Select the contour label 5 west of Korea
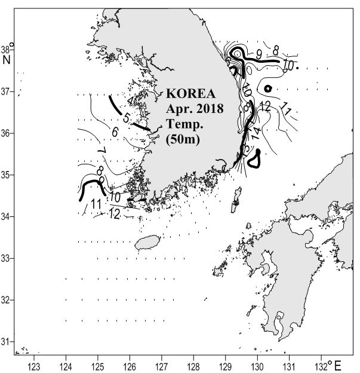coord(126,118)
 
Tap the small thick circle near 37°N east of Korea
coord(268,88)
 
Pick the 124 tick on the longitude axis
coord(66,364)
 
